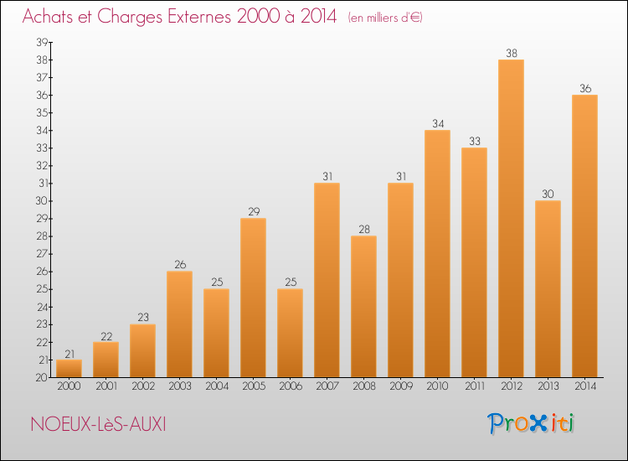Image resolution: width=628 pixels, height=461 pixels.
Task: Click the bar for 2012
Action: coord(511,219)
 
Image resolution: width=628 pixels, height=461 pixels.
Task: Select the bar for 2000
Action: coord(69,369)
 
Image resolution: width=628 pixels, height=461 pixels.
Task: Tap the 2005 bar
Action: coord(253,298)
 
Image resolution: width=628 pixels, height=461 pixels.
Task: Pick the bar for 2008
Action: coord(363,307)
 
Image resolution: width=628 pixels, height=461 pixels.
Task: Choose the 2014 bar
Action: coord(584,236)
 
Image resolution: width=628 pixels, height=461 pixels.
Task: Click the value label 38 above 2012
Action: coord(512,53)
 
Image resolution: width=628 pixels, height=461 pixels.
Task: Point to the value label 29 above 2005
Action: coord(254,212)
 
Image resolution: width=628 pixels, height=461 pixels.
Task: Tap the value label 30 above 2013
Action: coord(548,194)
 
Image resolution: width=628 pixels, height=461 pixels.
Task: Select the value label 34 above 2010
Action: coord(438,123)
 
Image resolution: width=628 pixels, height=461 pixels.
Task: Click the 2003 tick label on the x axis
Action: coord(180,386)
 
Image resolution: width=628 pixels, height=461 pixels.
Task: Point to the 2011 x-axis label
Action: coord(475,386)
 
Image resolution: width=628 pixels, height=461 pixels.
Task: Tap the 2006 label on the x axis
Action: coord(291,386)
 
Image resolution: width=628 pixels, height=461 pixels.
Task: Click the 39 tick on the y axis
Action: coord(42,42)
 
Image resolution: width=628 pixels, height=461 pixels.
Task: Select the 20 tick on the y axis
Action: coord(41,378)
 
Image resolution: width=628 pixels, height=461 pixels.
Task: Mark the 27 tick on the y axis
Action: coord(42,254)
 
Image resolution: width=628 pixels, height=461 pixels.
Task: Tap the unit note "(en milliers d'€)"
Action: coord(385,18)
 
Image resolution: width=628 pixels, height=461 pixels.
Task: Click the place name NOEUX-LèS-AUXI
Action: coord(98,424)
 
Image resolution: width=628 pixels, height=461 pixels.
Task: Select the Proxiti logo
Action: coord(531,423)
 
